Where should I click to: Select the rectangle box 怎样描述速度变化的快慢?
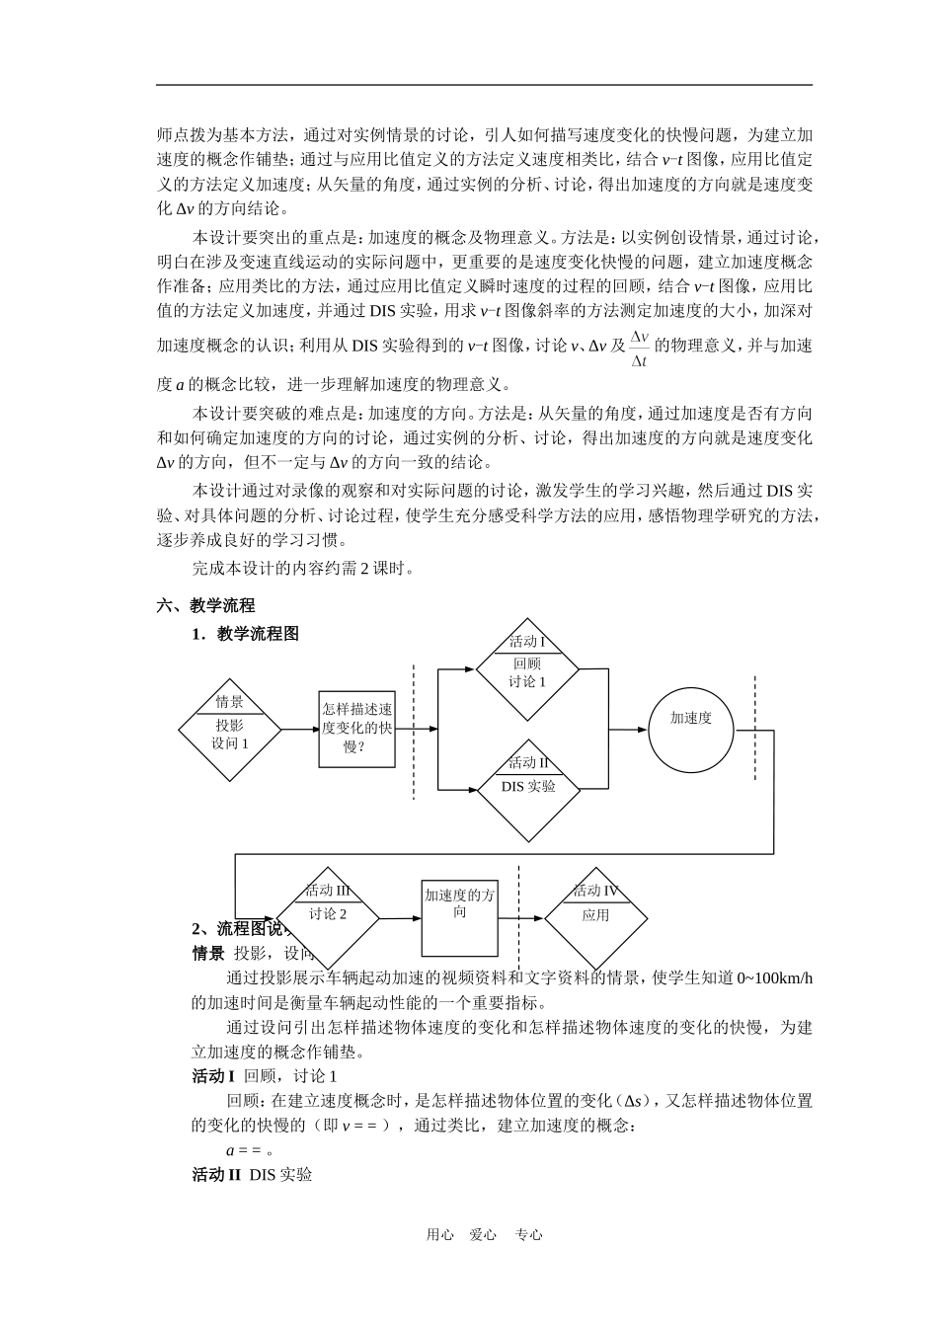point(356,729)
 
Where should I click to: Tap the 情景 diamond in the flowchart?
point(230,730)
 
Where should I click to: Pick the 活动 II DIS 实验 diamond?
point(527,790)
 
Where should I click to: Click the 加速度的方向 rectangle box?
point(460,918)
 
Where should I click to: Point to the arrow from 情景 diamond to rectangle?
point(299,730)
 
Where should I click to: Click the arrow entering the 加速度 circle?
point(627,730)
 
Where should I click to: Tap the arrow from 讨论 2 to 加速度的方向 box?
point(400,918)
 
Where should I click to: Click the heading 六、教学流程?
point(205,605)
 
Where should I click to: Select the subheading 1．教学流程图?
point(245,634)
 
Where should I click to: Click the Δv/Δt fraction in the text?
point(639,349)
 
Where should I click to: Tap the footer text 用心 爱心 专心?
point(484,1234)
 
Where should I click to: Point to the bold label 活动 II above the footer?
point(216,1174)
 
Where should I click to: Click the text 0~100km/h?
point(775,977)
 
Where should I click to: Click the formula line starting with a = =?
point(250,1149)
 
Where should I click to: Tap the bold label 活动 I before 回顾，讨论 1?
point(213,1075)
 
